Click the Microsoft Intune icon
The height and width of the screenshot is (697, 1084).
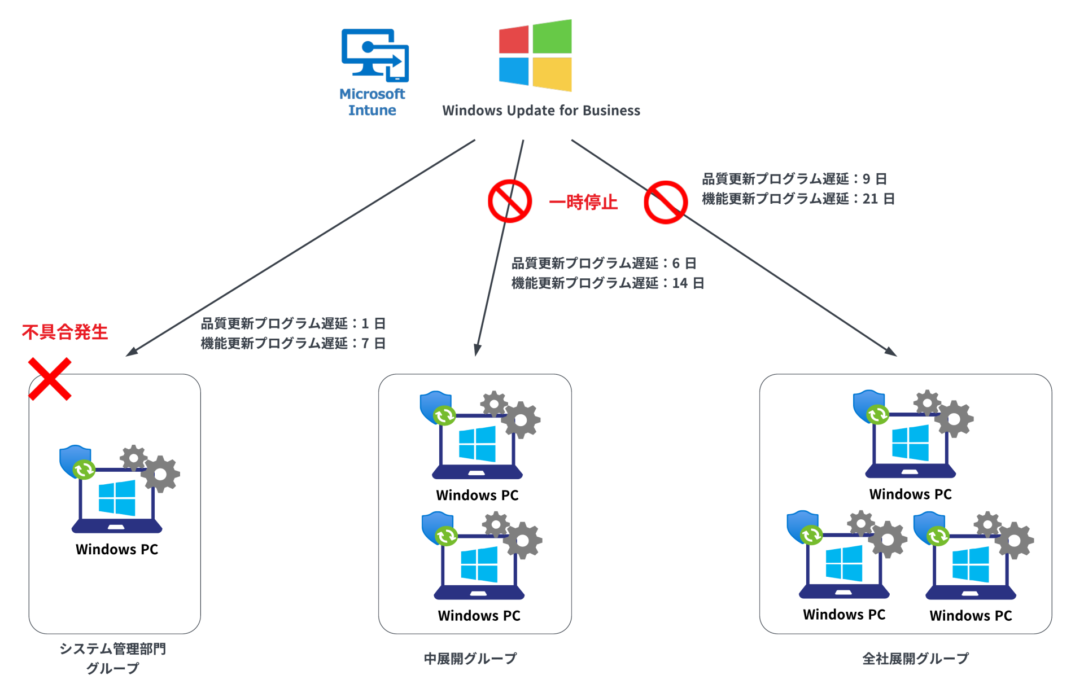375,56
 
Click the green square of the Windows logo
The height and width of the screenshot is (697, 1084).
552,37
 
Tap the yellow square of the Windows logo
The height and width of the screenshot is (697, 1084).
552,74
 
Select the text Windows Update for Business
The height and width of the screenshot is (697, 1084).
541,111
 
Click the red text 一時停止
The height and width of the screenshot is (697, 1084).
583,202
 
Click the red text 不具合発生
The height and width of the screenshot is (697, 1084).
64,332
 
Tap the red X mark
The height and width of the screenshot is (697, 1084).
50,379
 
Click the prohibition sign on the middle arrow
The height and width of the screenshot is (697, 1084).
510,201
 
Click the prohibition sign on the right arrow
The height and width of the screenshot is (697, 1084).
666,202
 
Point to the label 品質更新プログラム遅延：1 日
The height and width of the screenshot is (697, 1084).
293,323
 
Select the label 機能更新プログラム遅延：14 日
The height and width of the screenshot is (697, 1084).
607,283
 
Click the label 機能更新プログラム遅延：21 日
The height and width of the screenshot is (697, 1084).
798,199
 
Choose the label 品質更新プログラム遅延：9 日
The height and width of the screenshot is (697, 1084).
794,179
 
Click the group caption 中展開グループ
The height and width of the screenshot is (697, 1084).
470,659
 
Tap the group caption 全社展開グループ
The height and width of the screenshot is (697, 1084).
915,659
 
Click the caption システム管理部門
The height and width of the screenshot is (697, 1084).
112,649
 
